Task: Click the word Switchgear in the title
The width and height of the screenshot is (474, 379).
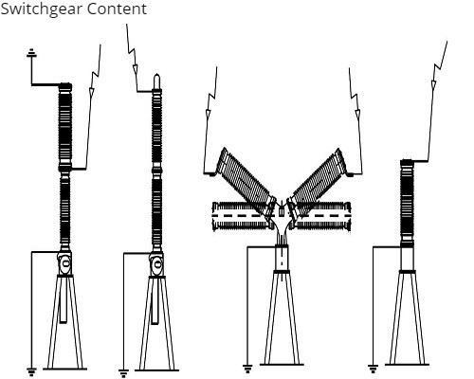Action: click(x=42, y=9)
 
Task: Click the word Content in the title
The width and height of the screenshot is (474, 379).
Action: click(x=117, y=9)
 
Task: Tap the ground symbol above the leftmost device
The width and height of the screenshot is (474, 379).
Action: click(x=31, y=53)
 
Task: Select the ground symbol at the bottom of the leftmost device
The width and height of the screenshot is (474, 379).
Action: click(x=31, y=371)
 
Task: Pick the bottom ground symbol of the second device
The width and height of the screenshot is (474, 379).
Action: click(x=123, y=373)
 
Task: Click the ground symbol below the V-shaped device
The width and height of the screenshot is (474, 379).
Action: click(x=247, y=369)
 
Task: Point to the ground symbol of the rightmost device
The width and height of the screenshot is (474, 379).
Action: click(x=373, y=369)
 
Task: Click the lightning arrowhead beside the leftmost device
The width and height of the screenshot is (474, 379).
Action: click(x=92, y=92)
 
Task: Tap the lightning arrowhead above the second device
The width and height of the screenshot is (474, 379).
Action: click(x=136, y=68)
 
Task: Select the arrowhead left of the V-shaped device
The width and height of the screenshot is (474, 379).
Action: click(x=208, y=113)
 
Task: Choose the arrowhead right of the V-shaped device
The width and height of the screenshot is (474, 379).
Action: click(x=357, y=113)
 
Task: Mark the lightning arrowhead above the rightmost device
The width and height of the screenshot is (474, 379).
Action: click(x=433, y=84)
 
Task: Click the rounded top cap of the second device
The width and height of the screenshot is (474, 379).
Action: click(x=156, y=81)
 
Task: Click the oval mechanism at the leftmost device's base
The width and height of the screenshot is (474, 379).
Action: click(x=65, y=263)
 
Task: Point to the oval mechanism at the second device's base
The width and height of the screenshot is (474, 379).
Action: click(x=156, y=262)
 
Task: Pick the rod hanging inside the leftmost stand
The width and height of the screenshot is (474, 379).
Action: click(x=64, y=300)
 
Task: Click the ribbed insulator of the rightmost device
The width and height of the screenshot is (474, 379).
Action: click(x=407, y=203)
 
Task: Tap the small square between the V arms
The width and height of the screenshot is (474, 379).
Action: click(x=282, y=210)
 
